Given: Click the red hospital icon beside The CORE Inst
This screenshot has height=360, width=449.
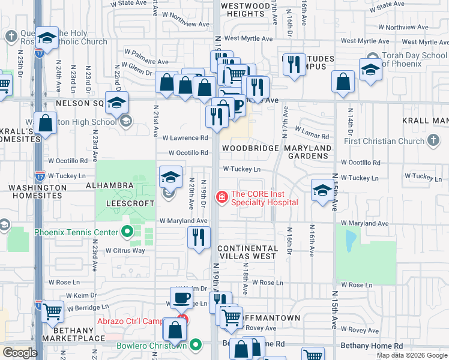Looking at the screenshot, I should click(x=222, y=196).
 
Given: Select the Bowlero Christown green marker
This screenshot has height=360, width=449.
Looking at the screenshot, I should click(x=196, y=345).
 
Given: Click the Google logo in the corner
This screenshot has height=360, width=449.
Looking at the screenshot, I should click(x=19, y=352).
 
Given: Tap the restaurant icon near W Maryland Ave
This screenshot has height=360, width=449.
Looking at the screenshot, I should click(x=197, y=237).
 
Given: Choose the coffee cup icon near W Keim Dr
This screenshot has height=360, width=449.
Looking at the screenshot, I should click(x=181, y=298).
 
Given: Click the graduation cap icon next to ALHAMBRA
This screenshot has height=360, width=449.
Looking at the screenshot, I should click(x=170, y=177).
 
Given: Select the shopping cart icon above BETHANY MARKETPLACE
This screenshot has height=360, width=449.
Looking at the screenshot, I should click(x=52, y=312).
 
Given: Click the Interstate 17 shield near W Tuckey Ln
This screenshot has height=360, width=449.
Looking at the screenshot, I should click(x=40, y=176).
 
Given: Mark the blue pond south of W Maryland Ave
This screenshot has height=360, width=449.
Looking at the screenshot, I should click(x=349, y=241).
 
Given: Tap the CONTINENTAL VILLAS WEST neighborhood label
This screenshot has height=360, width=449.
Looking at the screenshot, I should click(x=247, y=253).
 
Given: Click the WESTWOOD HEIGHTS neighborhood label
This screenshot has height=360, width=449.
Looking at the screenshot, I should click(x=246, y=10).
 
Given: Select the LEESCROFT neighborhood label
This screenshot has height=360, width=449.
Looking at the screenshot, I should click(x=130, y=204).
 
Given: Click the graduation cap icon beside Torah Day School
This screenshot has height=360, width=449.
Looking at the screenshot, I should click(x=370, y=70).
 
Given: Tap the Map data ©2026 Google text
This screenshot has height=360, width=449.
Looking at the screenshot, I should click(x=411, y=355).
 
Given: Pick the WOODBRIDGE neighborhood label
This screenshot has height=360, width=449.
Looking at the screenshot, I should click(x=250, y=148).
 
